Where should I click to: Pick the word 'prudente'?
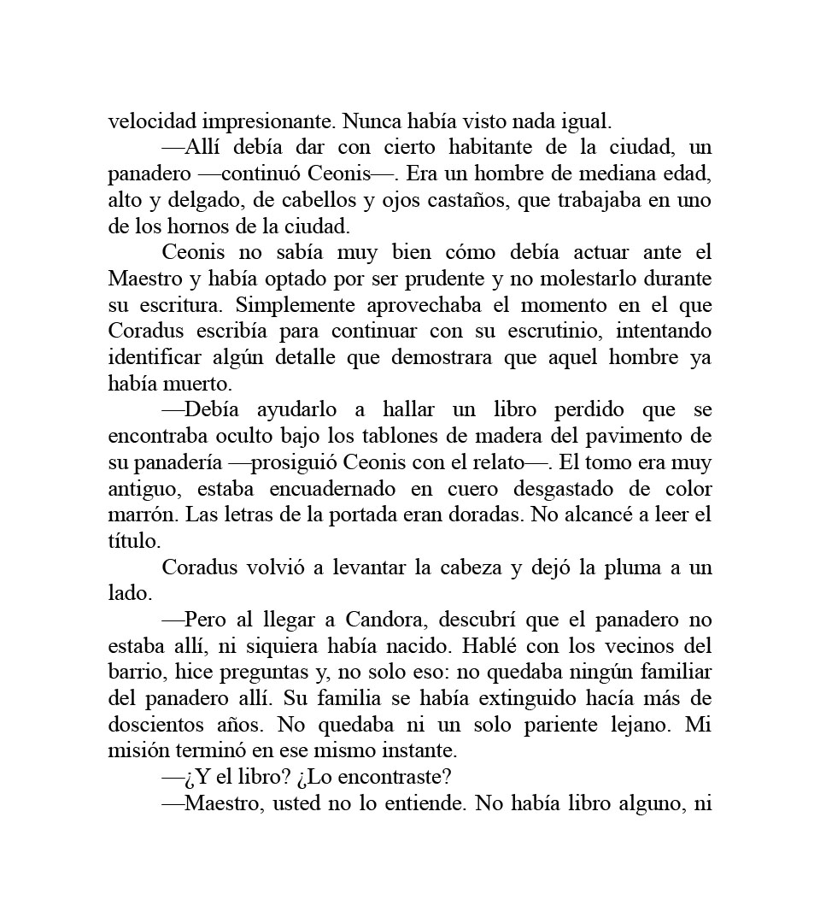(x=484, y=279)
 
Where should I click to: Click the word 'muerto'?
(x=196, y=385)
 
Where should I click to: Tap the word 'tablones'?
(x=384, y=437)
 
